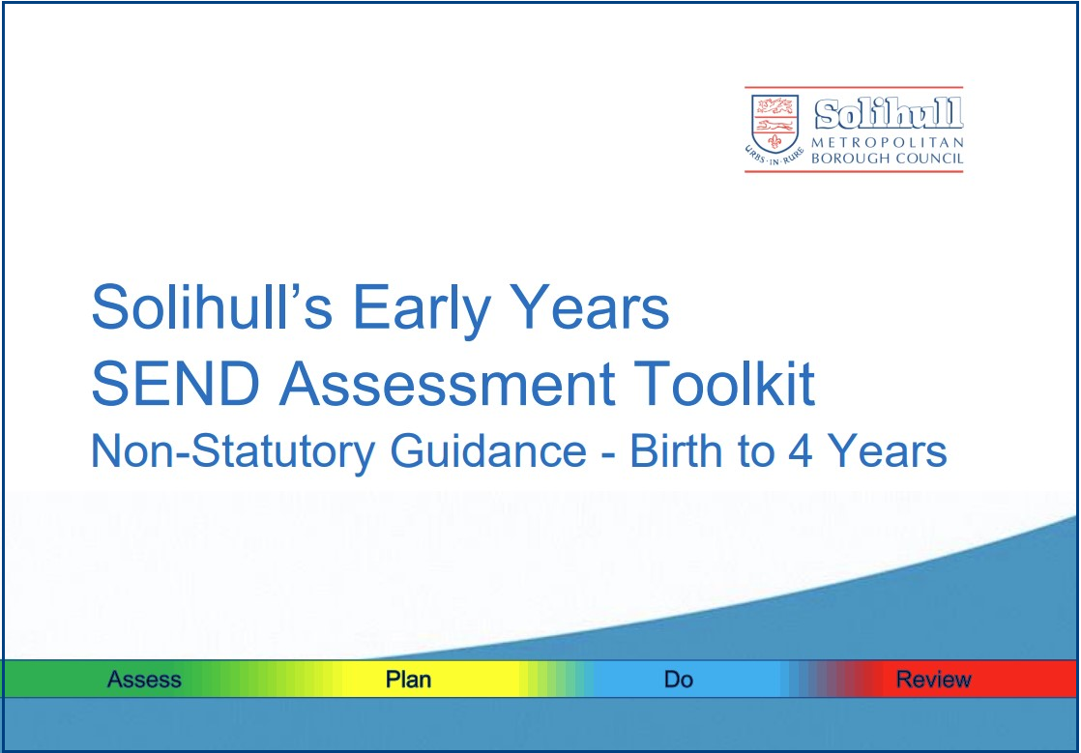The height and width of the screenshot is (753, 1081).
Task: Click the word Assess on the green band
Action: point(144,680)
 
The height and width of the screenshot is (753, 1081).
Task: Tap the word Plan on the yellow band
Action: point(408,680)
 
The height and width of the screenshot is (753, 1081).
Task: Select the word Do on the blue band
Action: point(679,680)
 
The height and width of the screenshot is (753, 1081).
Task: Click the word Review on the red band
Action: point(933,680)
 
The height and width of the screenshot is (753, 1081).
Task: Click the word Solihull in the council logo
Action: point(889,114)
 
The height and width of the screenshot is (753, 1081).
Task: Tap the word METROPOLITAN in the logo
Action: point(888,143)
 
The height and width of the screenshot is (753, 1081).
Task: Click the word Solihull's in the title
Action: point(213,307)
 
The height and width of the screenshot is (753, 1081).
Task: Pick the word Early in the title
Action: point(422,309)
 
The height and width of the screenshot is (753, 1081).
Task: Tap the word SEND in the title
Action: point(176,384)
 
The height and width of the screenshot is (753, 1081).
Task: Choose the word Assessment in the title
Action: point(447,384)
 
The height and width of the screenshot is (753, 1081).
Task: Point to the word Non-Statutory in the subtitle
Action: point(233,452)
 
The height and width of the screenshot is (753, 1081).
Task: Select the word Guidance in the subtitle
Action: point(488,451)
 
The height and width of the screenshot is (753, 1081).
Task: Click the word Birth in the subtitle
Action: point(678,451)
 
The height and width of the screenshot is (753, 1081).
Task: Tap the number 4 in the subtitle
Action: point(800,452)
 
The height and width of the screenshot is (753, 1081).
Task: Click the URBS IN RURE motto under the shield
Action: point(774,157)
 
